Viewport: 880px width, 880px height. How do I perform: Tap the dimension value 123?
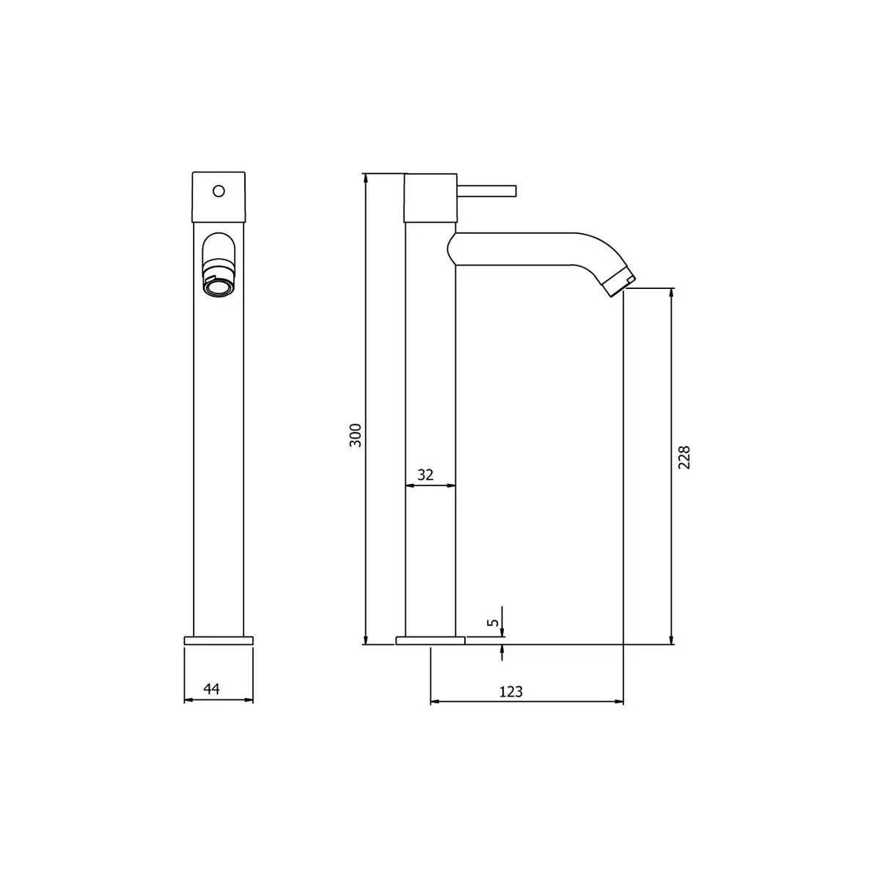pos(510,691)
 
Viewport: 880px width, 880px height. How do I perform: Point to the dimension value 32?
pos(425,474)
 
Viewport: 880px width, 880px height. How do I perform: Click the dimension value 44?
pos(211,689)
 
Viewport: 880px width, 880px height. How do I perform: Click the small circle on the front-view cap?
pos(218,191)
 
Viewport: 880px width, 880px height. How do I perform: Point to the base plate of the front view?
pos(219,640)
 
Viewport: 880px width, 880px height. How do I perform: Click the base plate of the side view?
pos(430,640)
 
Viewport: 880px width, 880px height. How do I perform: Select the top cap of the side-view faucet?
pos(431,197)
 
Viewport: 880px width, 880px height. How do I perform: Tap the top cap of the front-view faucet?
pos(218,197)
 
